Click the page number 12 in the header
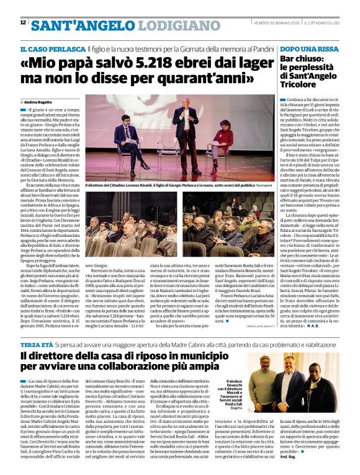(23, 22)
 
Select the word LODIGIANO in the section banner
(171, 25)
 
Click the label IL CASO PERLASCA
(52, 48)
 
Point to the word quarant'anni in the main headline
(192, 78)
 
